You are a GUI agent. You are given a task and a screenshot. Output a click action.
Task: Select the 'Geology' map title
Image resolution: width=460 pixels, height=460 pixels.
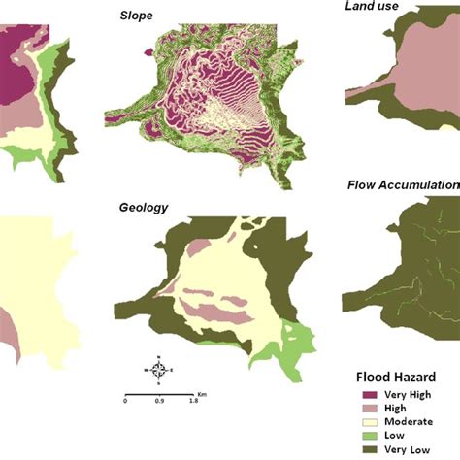click(x=144, y=207)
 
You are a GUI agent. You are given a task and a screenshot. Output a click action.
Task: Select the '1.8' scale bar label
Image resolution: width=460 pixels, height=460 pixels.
click(x=193, y=401)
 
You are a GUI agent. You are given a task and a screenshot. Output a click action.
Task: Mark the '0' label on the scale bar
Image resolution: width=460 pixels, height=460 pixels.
click(x=125, y=401)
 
